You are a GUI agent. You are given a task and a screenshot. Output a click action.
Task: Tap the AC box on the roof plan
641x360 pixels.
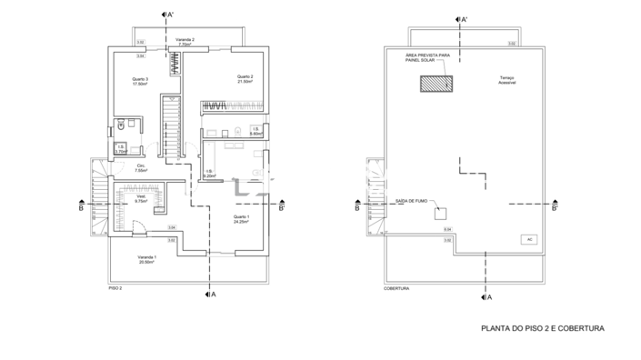click(528, 239)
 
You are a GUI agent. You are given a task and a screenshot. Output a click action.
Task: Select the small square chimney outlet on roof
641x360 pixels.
click(439, 215)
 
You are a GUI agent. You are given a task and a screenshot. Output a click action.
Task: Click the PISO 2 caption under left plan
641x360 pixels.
click(115, 288)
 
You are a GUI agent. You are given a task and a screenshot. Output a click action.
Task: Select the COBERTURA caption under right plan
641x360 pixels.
click(396, 288)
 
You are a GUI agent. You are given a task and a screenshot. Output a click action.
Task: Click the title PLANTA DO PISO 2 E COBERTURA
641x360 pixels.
click(542, 329)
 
